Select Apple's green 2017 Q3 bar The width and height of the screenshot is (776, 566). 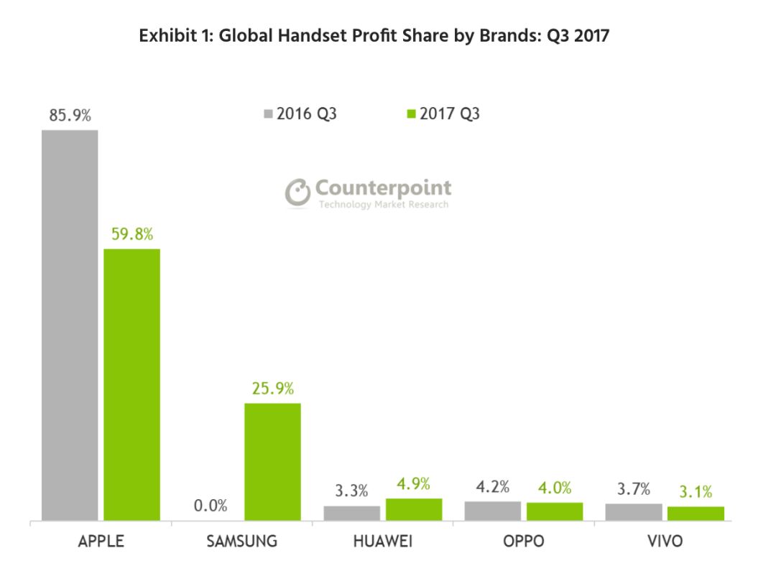pyautogui.click(x=132, y=384)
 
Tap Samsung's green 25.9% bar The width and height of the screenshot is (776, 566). pyautogui.click(x=272, y=461)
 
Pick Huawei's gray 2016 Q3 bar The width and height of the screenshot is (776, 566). pyautogui.click(x=351, y=513)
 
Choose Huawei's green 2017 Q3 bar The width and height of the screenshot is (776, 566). pyautogui.click(x=414, y=509)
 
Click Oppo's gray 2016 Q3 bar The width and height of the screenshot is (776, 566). pyautogui.click(x=492, y=511)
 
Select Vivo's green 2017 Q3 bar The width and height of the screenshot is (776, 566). pyautogui.click(x=696, y=513)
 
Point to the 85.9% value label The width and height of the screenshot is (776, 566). pyautogui.click(x=70, y=115)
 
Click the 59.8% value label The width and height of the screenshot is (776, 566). pyautogui.click(x=132, y=234)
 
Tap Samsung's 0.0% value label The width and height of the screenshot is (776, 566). pyautogui.click(x=211, y=506)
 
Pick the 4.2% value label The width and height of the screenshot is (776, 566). pyautogui.click(x=492, y=488)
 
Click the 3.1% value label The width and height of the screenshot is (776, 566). pyautogui.click(x=696, y=492)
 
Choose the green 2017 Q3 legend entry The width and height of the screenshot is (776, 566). pyautogui.click(x=443, y=113)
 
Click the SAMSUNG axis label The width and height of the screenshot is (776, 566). pyautogui.click(x=241, y=541)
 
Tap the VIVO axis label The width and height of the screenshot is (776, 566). pyautogui.click(x=664, y=541)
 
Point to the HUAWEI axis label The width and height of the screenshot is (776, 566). pyautogui.click(x=383, y=541)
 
